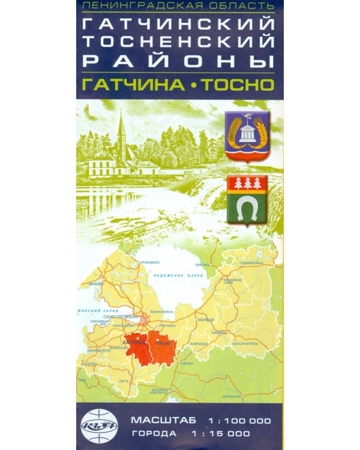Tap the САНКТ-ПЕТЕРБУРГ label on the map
[x=122, y=316]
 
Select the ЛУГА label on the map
[x=124, y=381]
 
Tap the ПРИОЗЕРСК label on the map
[x=149, y=262]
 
